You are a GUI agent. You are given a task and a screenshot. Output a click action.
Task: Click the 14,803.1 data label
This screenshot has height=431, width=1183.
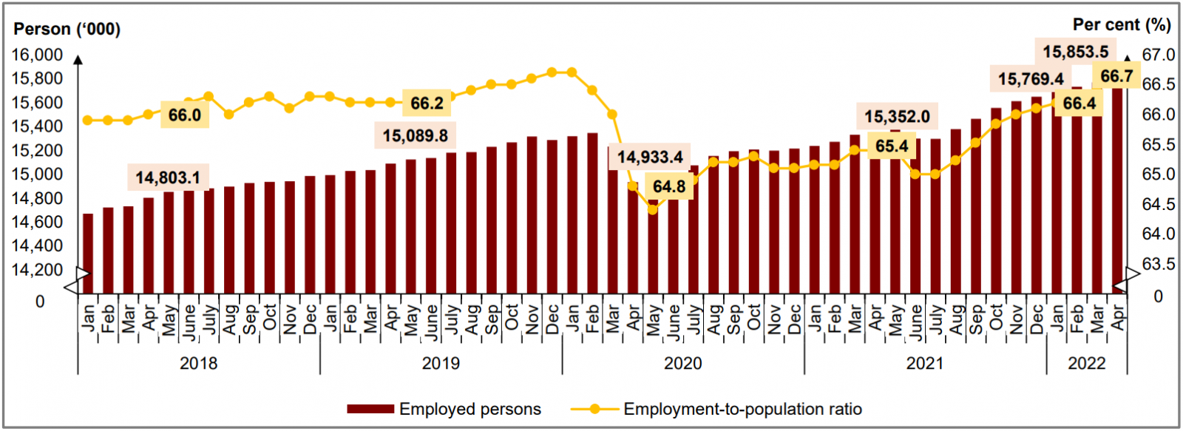point(168,177)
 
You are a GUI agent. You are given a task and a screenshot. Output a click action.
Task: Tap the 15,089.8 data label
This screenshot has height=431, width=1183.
point(415,136)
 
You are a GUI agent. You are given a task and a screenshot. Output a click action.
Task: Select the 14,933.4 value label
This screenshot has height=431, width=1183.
point(650,157)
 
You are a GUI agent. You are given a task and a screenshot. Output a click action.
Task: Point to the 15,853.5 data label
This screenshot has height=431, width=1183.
point(1076,52)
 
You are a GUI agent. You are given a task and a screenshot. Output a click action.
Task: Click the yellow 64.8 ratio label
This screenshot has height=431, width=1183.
point(669,186)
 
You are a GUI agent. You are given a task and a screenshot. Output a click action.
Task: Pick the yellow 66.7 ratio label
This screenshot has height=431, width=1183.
point(1116,76)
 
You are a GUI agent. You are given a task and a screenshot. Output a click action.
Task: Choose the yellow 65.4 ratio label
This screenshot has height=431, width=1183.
point(892,146)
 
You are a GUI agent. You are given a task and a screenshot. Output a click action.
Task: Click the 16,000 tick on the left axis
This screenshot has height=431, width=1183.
point(37,55)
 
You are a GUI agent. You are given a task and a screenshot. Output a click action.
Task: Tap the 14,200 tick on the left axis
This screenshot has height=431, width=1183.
point(37,270)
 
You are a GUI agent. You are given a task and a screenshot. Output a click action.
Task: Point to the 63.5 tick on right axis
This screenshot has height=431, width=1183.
point(1158,264)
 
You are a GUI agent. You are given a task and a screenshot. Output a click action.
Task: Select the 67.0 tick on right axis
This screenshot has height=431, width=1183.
point(1158,55)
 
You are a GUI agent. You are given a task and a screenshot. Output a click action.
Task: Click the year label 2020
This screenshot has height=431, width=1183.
point(682,363)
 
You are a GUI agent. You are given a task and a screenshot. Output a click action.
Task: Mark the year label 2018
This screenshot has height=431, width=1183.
point(198,363)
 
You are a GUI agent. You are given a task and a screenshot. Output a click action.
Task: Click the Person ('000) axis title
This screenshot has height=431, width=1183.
point(67,29)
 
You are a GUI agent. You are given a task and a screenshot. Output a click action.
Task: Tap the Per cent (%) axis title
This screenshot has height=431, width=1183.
point(1122,24)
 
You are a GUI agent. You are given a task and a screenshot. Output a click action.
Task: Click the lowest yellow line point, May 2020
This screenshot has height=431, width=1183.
point(652,209)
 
